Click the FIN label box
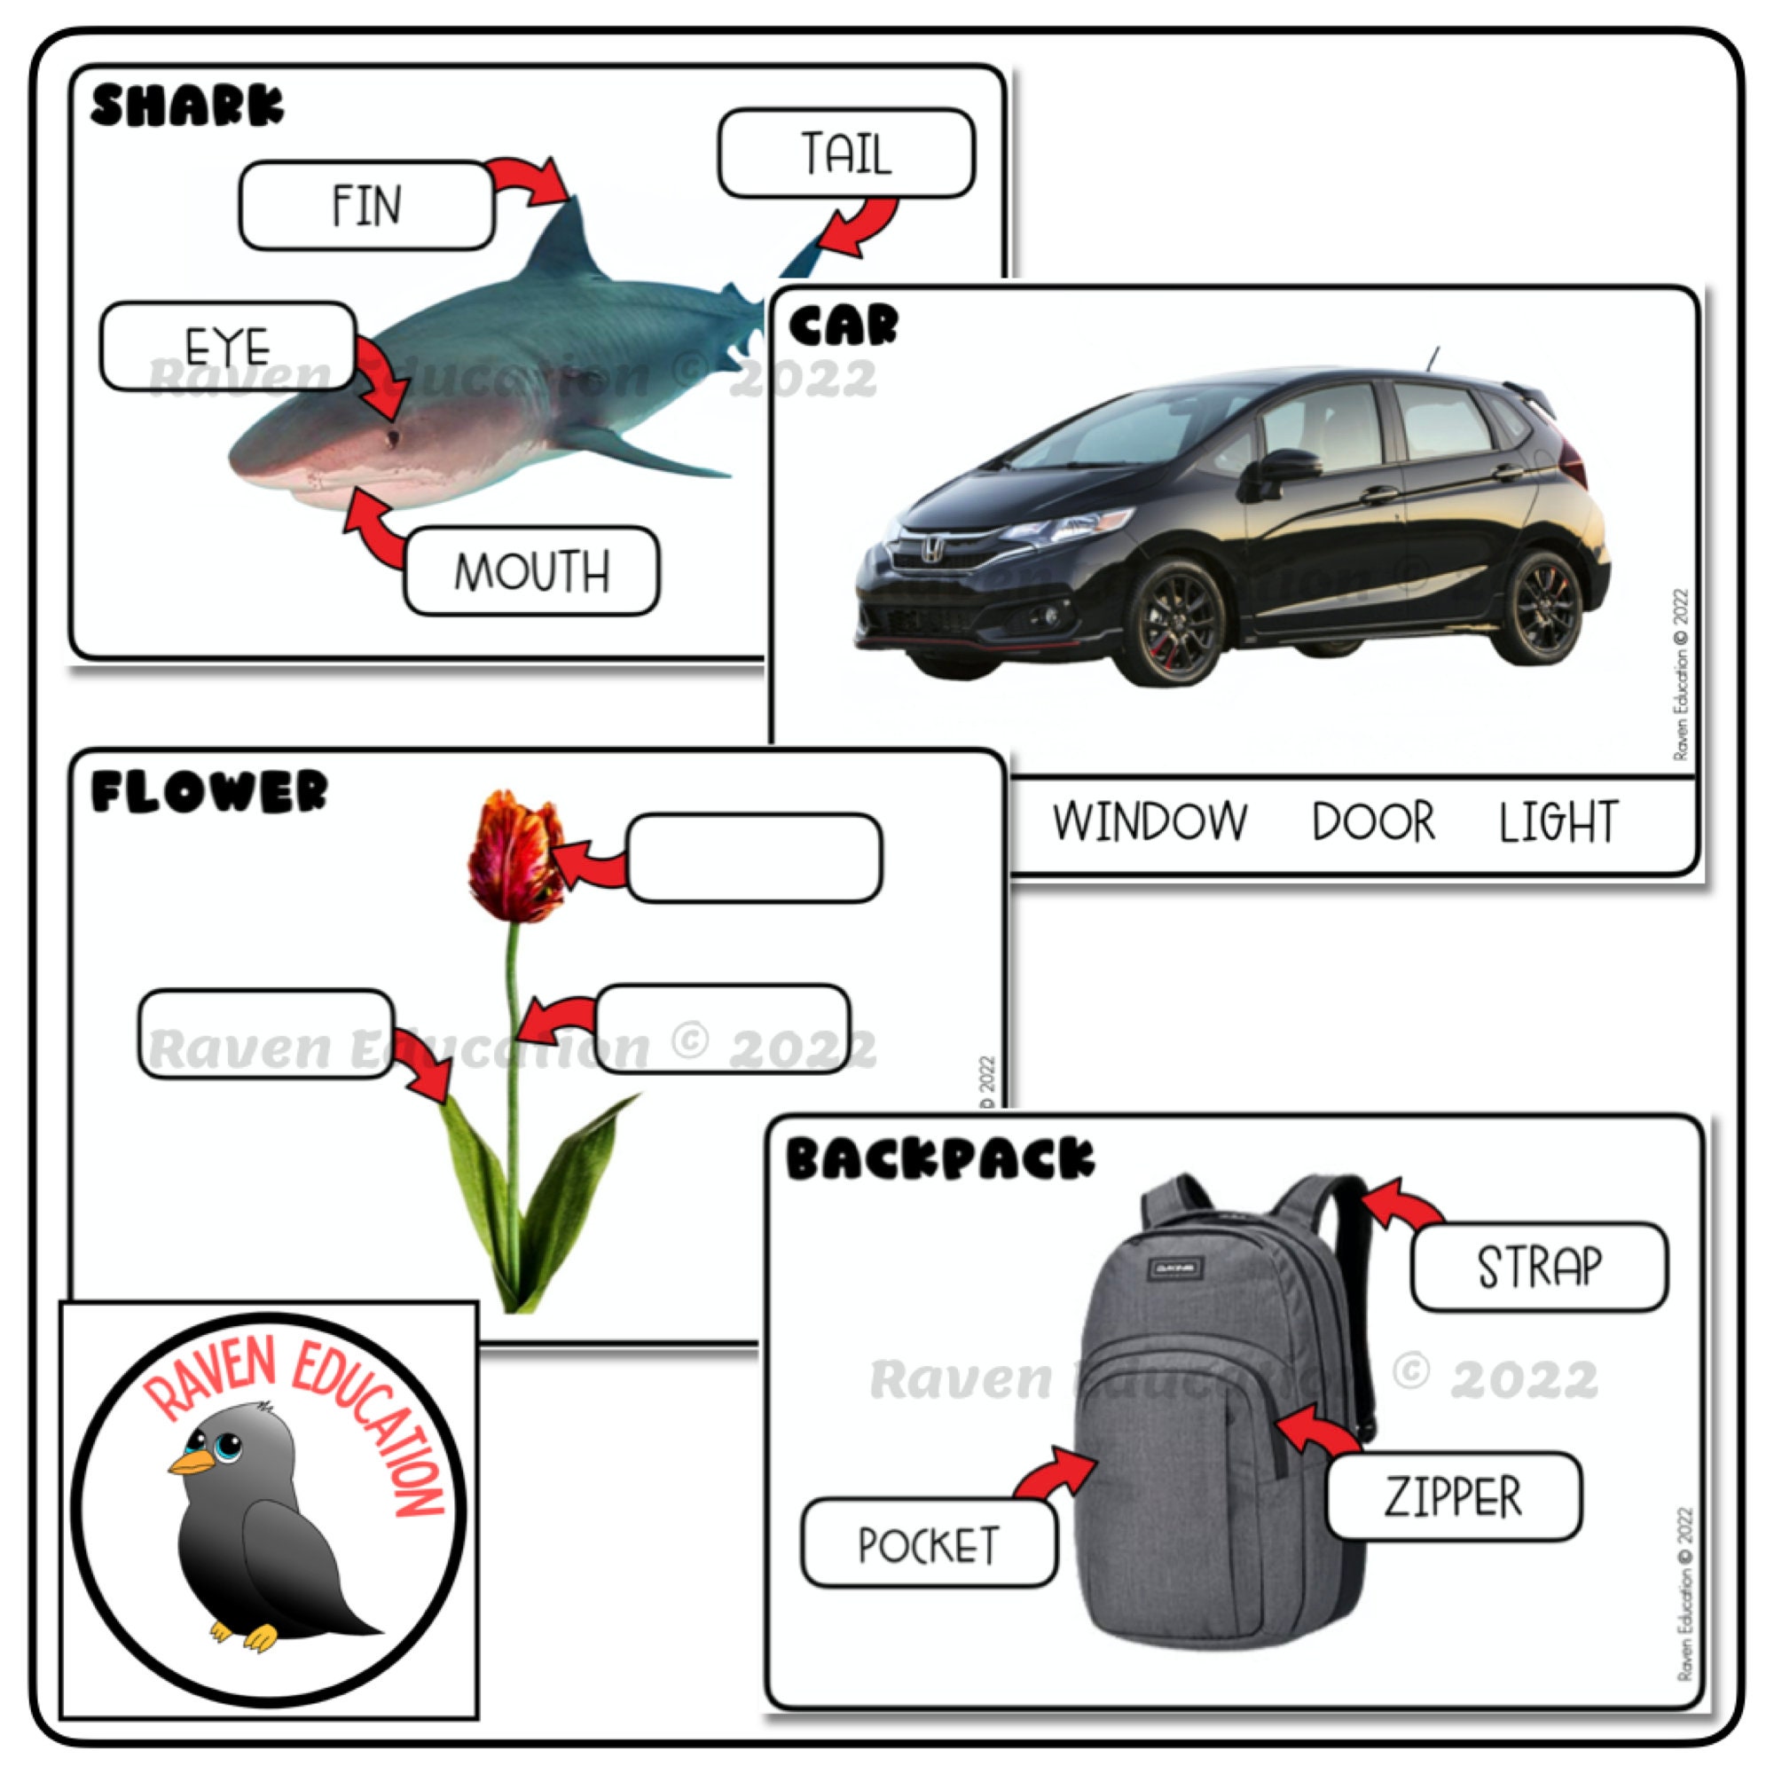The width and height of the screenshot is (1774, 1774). (367, 205)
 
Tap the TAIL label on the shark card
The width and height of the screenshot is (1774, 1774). (845, 153)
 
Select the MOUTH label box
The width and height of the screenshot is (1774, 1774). (530, 570)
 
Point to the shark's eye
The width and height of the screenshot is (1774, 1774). (393, 438)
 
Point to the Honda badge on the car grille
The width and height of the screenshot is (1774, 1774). (931, 550)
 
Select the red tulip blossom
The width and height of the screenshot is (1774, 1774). (514, 857)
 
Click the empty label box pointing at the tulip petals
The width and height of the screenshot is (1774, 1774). (754, 858)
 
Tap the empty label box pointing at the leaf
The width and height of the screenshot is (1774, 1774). (265, 1033)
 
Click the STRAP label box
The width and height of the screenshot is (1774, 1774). (1538, 1267)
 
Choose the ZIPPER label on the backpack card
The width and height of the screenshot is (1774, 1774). (1454, 1495)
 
